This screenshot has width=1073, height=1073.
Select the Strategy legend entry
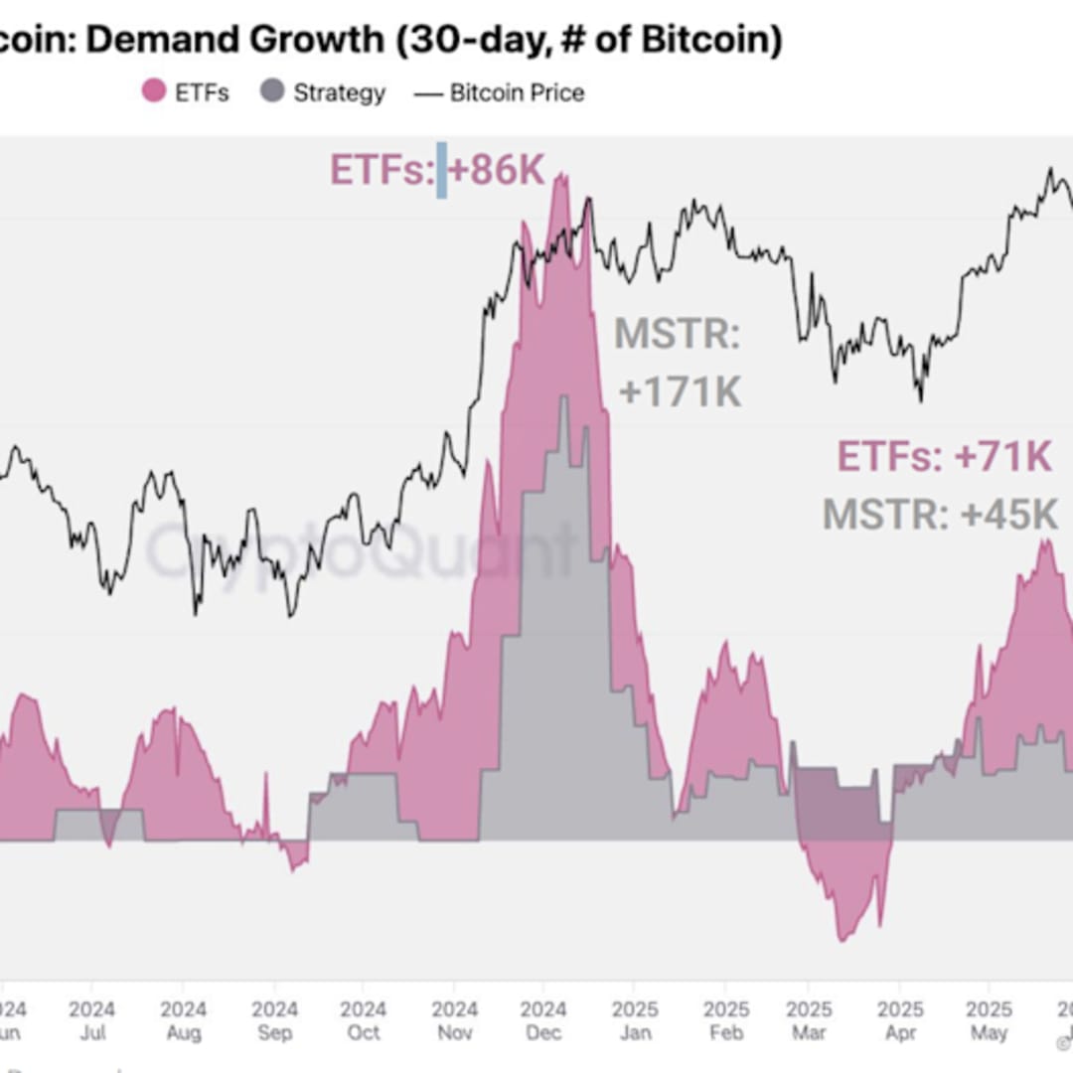click(x=323, y=92)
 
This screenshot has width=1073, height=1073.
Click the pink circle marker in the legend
click(x=154, y=92)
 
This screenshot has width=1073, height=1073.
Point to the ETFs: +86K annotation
click(x=437, y=170)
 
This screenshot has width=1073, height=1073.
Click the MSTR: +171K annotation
click(x=679, y=363)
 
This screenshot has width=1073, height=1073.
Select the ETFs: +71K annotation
click(x=944, y=458)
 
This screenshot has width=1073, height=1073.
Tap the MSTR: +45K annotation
click(x=940, y=515)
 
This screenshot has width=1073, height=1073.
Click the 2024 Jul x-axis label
click(x=91, y=1021)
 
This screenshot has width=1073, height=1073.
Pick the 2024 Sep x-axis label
click(x=274, y=1021)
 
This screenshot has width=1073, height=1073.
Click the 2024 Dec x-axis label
click(x=543, y=1021)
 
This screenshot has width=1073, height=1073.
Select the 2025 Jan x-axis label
click(x=635, y=1021)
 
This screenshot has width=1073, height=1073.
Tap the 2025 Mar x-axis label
click(x=809, y=1021)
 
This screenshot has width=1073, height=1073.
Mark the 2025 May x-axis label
click(x=990, y=1021)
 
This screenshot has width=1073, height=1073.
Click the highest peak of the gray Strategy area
click(x=564, y=398)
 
